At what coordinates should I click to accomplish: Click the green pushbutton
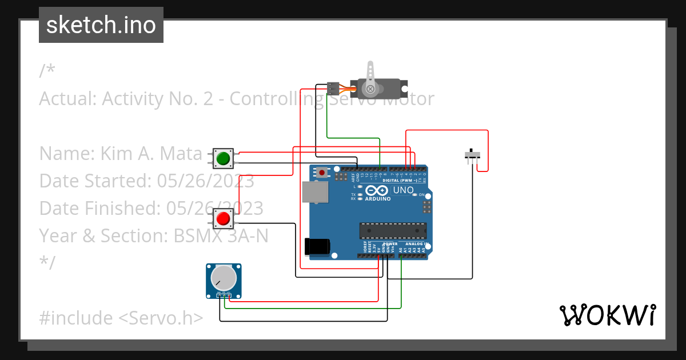pos(224,158)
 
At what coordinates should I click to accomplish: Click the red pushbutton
pos(224,218)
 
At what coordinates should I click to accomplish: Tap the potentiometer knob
pos(223,278)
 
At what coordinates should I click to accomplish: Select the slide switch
pos(472,154)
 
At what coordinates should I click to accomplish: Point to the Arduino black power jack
pos(317,246)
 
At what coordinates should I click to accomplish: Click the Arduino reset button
pos(323,172)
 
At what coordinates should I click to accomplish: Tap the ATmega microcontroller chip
pos(393,231)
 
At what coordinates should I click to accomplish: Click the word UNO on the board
pos(404,190)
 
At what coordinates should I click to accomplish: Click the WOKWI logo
pos(607,315)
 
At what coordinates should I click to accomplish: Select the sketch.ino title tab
pos(101,25)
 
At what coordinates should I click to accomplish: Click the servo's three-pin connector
pos(333,89)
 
